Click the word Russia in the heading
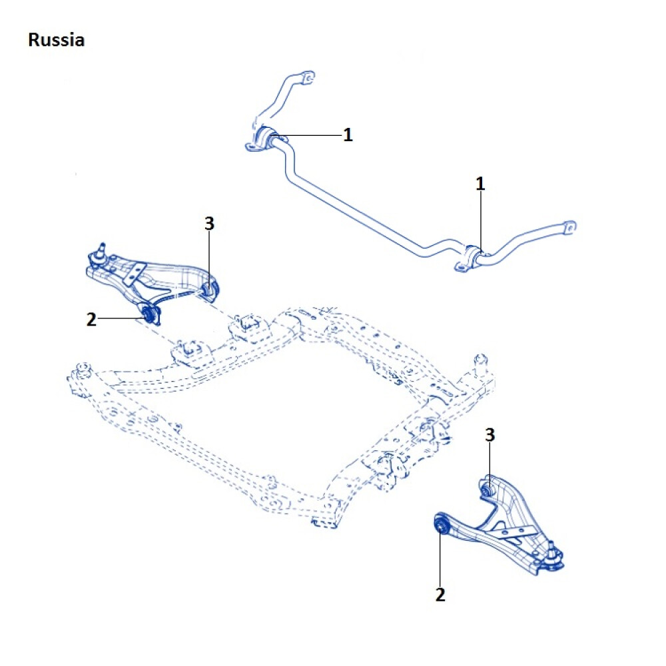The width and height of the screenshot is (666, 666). pyautogui.click(x=56, y=40)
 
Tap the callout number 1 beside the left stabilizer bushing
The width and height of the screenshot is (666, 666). pyautogui.click(x=348, y=135)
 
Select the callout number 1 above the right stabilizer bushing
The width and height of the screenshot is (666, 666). pyautogui.click(x=480, y=184)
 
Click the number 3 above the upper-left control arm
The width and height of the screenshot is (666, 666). pyautogui.click(x=209, y=224)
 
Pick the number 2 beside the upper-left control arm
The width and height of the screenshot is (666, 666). pyautogui.click(x=92, y=320)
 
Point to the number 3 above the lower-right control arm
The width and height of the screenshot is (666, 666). pyautogui.click(x=490, y=436)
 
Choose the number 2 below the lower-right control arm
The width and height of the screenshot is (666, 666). pyautogui.click(x=440, y=594)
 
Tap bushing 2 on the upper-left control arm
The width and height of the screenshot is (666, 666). pyautogui.click(x=150, y=313)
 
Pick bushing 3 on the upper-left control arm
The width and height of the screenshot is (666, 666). pyautogui.click(x=208, y=289)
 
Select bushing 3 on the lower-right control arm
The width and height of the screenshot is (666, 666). pyautogui.click(x=488, y=488)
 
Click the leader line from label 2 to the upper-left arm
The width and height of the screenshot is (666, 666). pyautogui.click(x=120, y=319)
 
